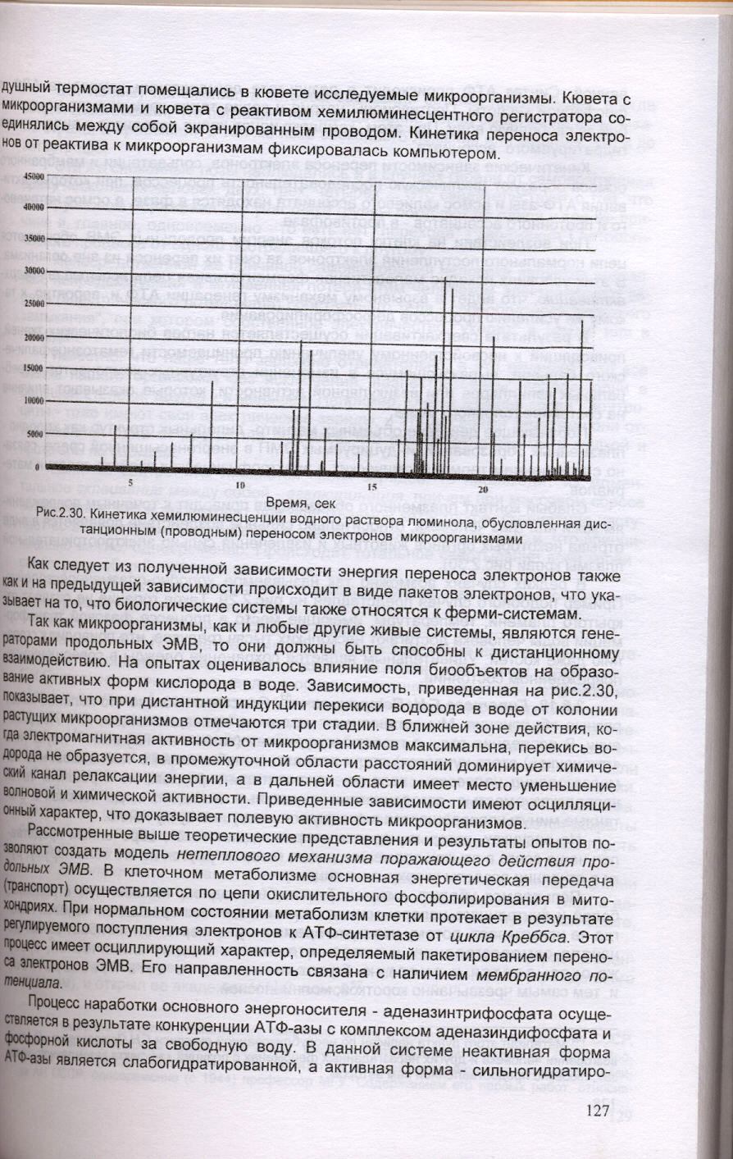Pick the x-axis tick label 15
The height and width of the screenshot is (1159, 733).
point(372,487)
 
